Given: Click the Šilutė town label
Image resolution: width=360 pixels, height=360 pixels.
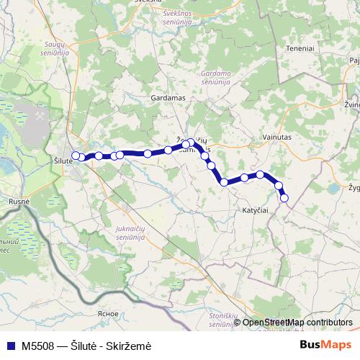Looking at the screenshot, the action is (63, 161).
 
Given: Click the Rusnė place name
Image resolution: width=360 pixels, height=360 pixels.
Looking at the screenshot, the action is (18, 202).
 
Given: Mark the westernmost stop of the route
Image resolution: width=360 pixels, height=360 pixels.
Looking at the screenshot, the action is (75, 155).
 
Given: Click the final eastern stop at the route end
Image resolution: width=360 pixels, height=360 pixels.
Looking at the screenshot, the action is (284, 197).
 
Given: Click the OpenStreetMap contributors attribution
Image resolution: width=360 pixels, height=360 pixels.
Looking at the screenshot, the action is (296, 323).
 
